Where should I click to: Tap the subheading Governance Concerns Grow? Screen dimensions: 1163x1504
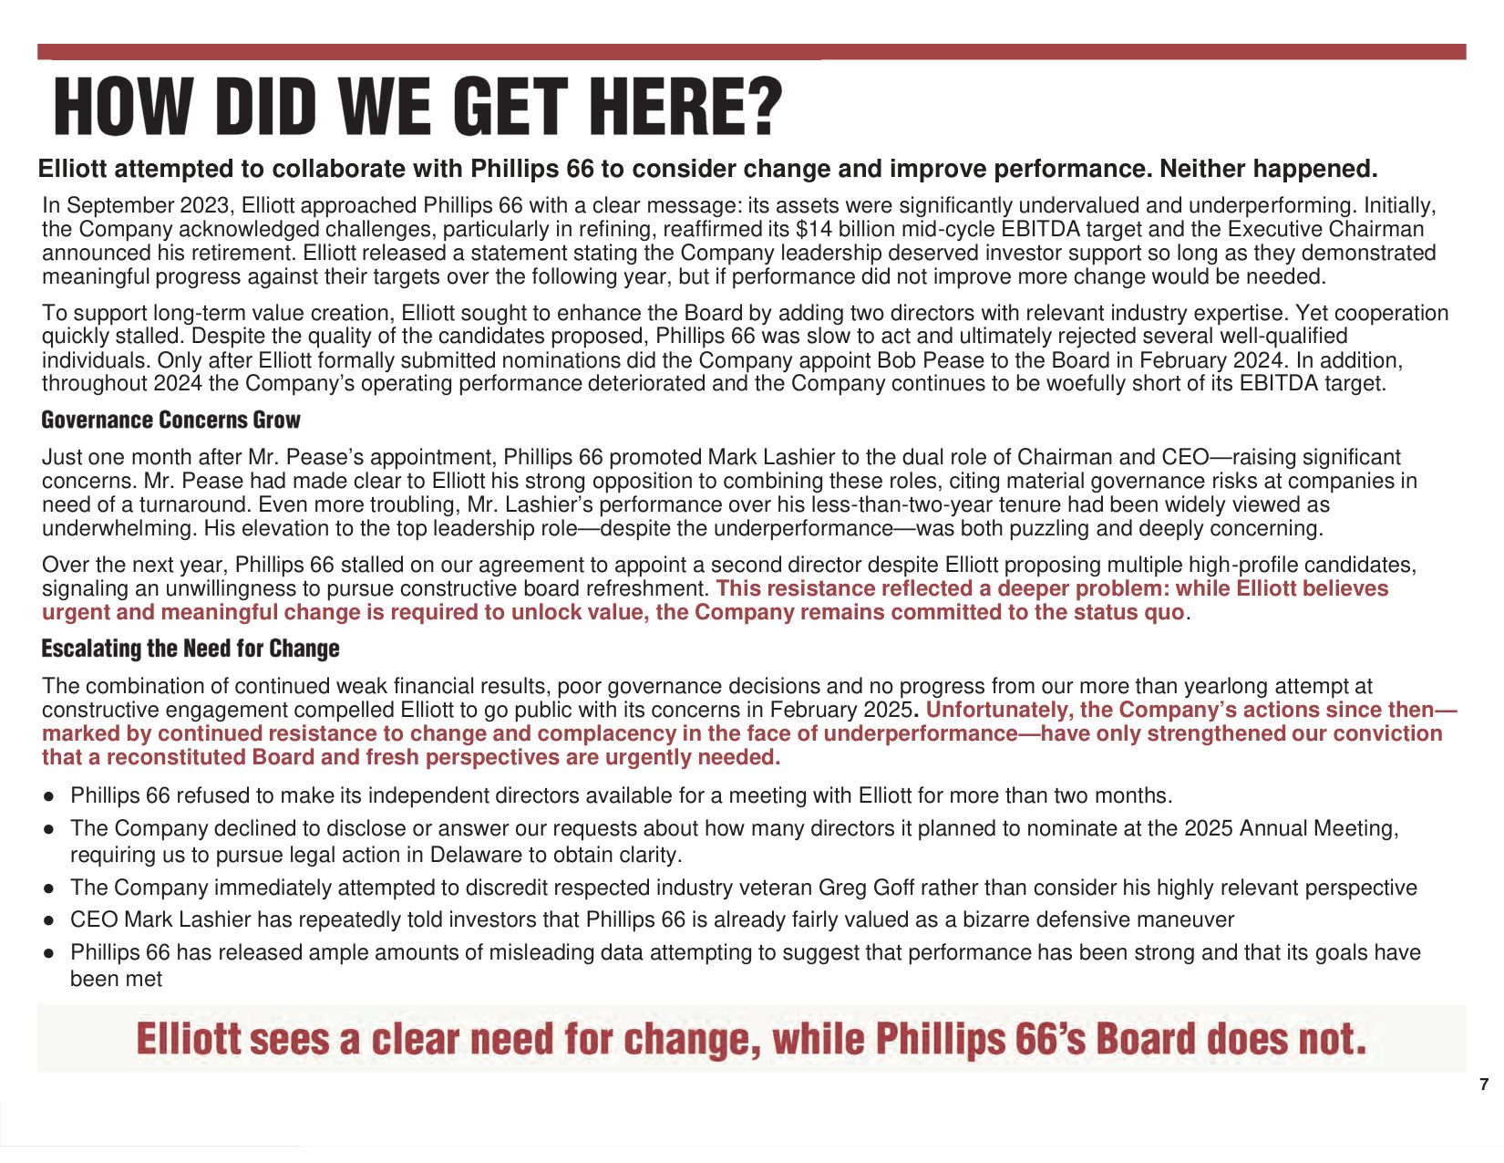pos(170,421)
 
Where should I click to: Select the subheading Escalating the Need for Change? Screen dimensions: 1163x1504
pos(191,649)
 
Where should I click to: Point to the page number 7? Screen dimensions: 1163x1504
pos(1484,1085)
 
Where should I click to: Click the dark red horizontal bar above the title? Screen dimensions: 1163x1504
pos(751,51)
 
